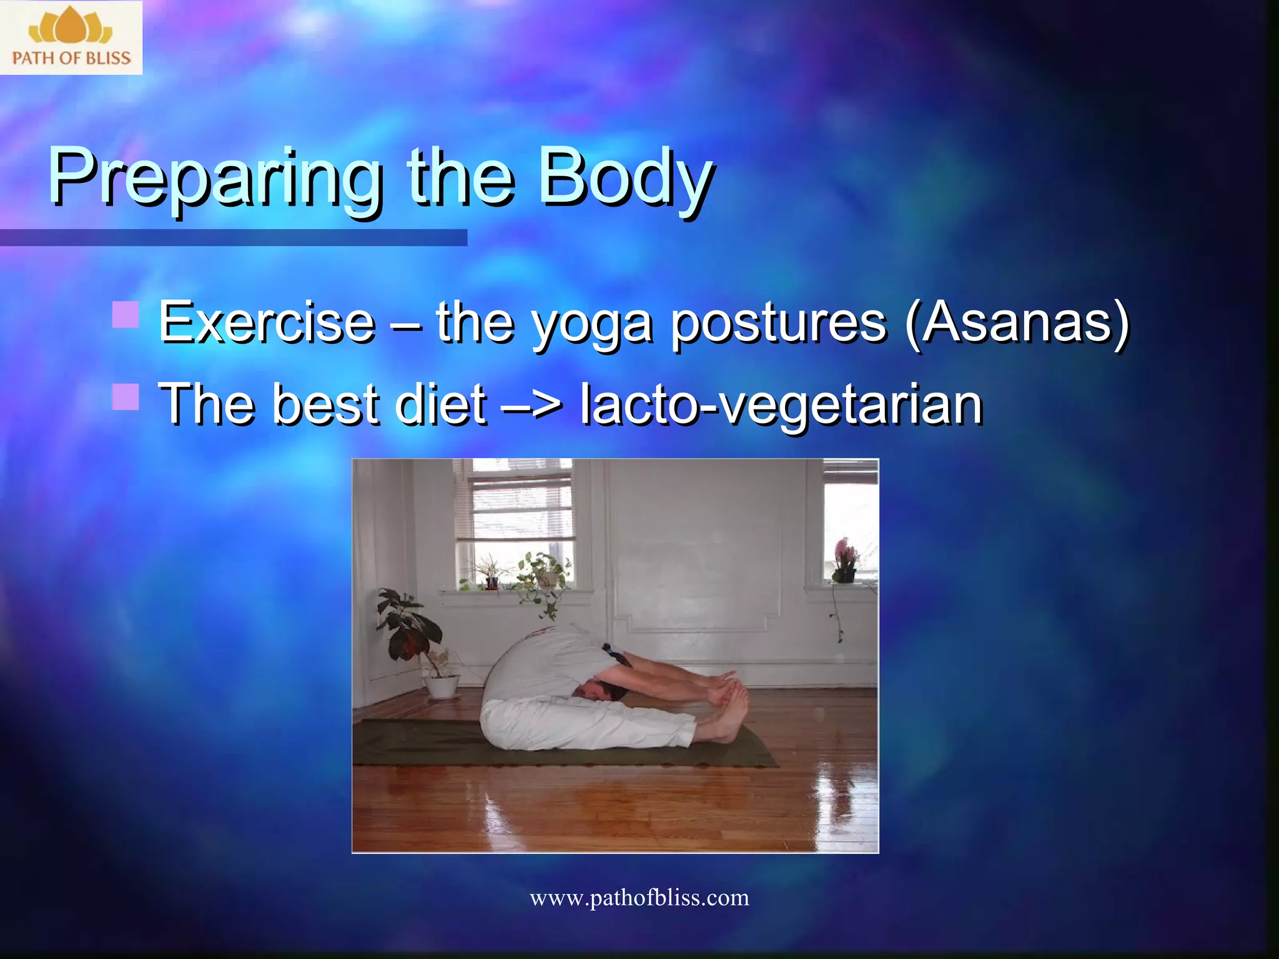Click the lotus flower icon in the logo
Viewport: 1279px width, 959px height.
(x=71, y=27)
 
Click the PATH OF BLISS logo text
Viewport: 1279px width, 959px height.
(x=71, y=58)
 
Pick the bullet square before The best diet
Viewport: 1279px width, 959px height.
(x=126, y=396)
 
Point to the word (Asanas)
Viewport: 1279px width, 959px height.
(x=1017, y=323)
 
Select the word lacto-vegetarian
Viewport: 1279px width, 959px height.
(x=781, y=405)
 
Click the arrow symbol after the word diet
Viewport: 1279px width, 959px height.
(x=531, y=405)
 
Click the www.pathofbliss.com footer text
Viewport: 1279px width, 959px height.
(x=639, y=898)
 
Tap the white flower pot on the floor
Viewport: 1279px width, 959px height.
(x=442, y=687)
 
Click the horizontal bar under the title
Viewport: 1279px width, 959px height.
(x=233, y=237)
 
